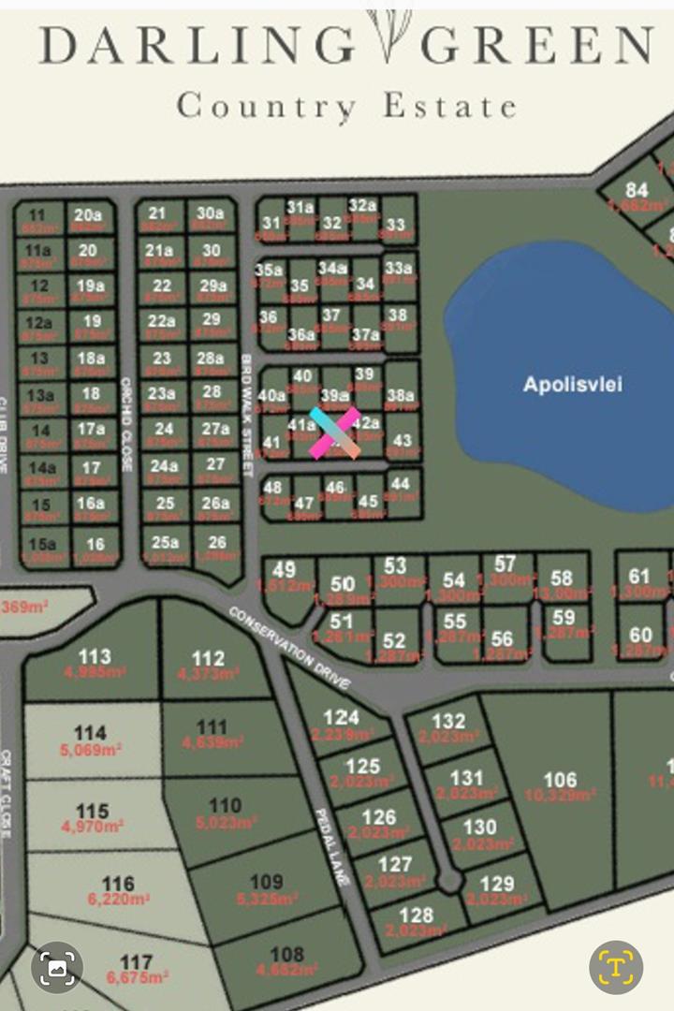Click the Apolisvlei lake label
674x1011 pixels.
(572, 385)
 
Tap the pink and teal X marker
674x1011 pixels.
(335, 432)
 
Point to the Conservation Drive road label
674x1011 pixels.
(289, 645)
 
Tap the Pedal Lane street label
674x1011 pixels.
(332, 848)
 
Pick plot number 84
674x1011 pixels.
(637, 191)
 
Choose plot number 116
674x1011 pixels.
(118, 884)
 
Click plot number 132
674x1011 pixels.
(448, 721)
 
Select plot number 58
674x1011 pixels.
(562, 579)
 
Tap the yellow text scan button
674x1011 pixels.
(615, 967)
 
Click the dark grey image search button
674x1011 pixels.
(57, 967)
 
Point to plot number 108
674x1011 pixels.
(286, 955)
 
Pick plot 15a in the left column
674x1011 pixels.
(42, 544)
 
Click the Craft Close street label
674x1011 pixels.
(7, 795)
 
